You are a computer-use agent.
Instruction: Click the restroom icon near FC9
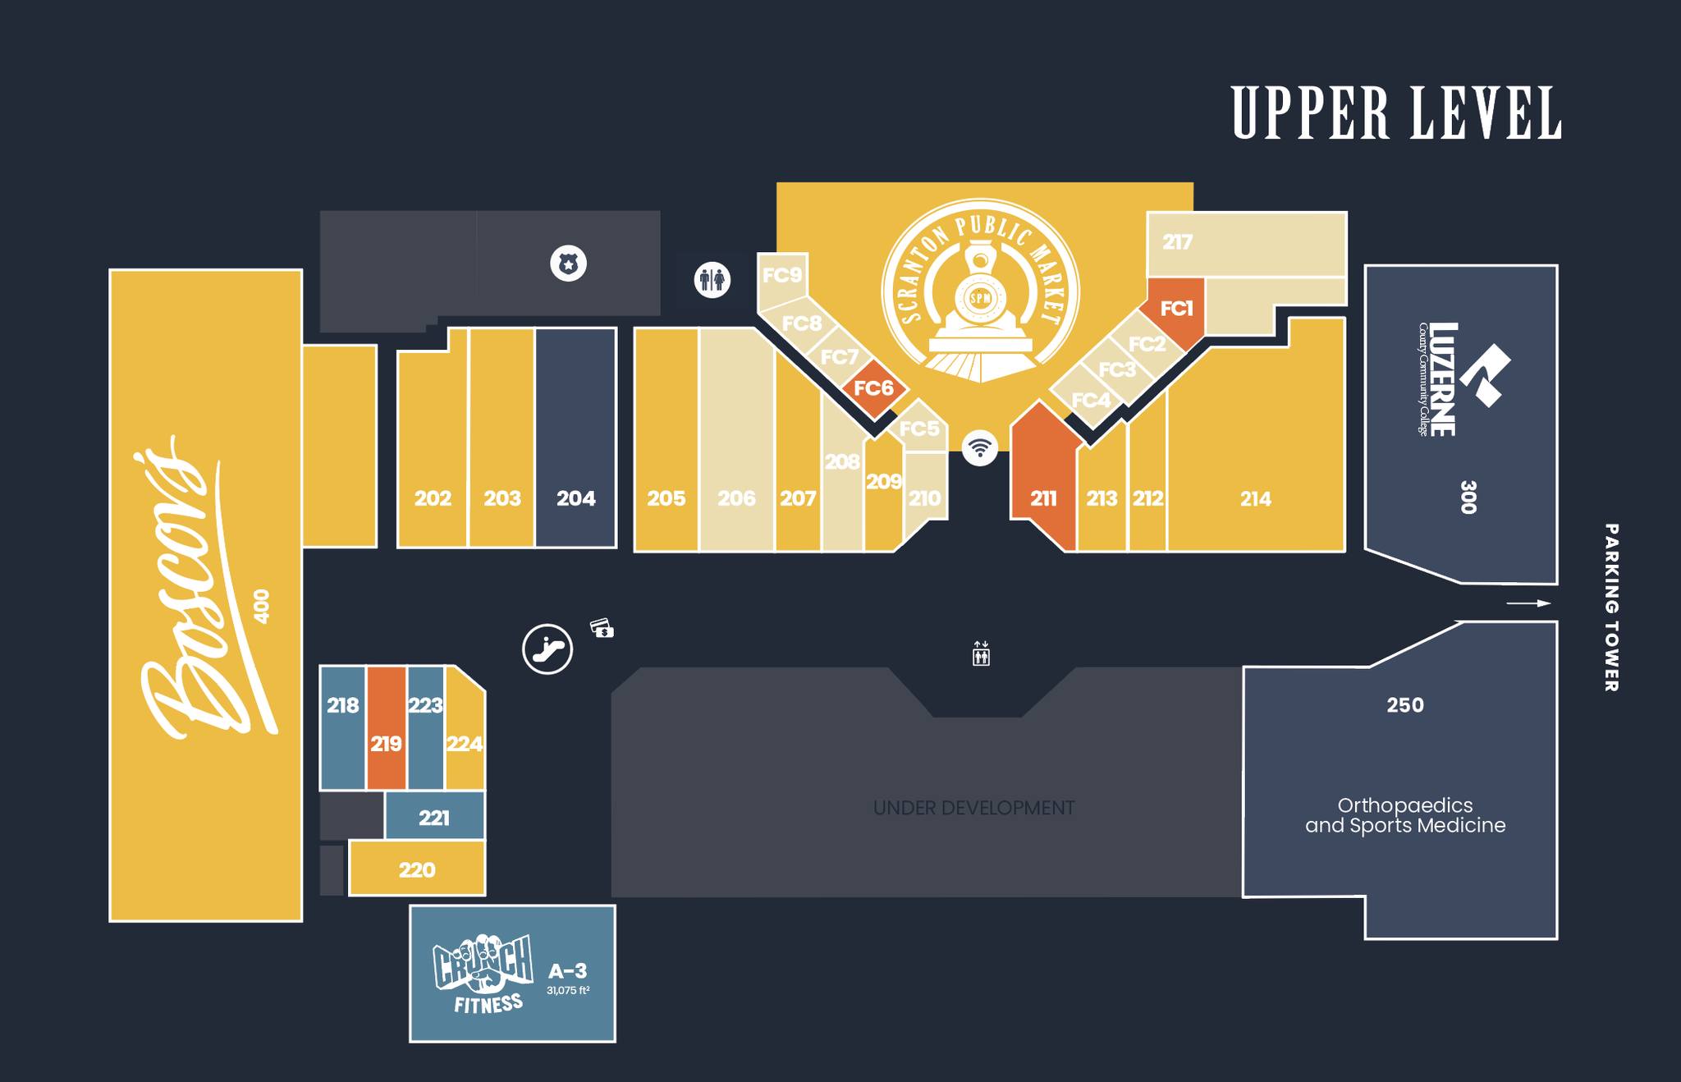(712, 280)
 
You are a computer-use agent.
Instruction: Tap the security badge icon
(568, 264)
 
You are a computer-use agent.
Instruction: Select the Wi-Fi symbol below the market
(979, 447)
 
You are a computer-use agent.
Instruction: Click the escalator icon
(547, 649)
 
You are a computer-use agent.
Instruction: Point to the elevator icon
(981, 653)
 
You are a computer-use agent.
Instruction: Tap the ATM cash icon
(602, 628)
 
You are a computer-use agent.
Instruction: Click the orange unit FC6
(874, 388)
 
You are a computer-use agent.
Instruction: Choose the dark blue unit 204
(575, 438)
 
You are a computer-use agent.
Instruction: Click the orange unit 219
(386, 728)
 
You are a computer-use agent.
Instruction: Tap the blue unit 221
(434, 815)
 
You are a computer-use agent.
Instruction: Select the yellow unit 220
(417, 868)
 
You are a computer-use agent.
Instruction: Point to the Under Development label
(973, 809)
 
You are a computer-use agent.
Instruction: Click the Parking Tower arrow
(1528, 603)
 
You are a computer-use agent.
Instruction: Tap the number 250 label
(1405, 705)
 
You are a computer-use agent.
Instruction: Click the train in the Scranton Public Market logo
(980, 310)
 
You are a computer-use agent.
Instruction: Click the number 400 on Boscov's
(262, 606)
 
